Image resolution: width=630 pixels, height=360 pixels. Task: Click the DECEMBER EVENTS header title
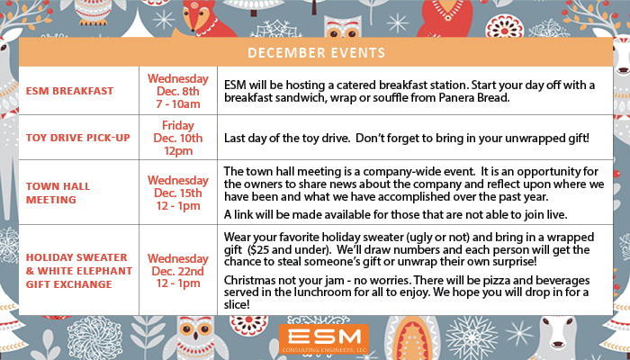tap(316, 52)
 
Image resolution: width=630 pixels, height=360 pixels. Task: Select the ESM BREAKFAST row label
tap(69, 91)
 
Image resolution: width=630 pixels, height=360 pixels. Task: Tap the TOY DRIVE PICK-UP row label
tap(78, 138)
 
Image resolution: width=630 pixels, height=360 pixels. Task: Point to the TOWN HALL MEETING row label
tap(58, 193)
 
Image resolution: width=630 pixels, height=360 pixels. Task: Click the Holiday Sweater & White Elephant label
tap(79, 271)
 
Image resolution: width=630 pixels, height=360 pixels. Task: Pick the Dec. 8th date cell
tap(178, 91)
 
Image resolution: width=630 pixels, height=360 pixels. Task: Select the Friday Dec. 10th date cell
tap(178, 138)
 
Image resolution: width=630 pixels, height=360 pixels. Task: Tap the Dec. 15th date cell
tap(178, 193)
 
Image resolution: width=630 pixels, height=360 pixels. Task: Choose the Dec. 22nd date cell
tap(178, 271)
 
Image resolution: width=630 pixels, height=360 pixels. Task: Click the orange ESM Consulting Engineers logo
tap(324, 339)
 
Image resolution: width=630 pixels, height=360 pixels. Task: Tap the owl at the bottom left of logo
tap(196, 337)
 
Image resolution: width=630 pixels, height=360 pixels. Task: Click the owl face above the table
tap(343, 27)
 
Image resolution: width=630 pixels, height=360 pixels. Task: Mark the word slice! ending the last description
tap(237, 304)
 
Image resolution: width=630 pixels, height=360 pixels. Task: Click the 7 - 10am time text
tap(178, 104)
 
